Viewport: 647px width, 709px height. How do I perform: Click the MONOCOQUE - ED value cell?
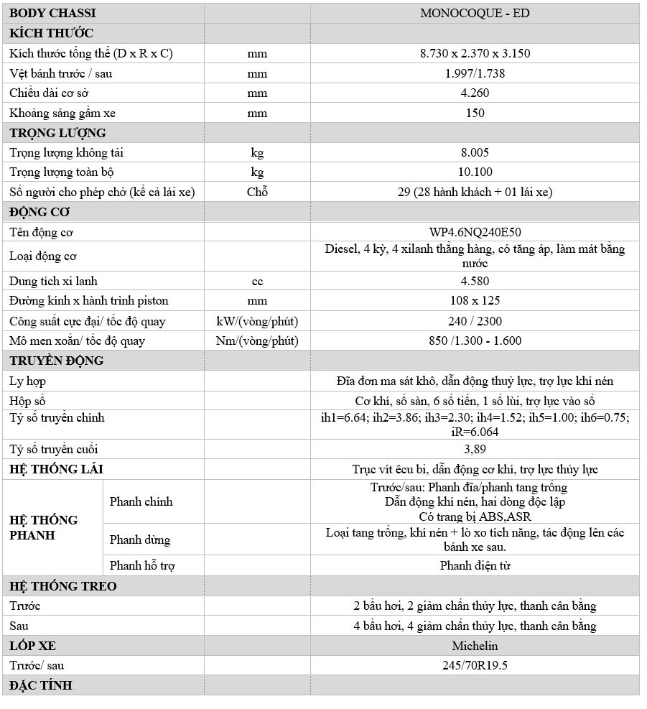pos(475,13)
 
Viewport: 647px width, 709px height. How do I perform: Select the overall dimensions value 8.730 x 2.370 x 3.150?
pos(475,53)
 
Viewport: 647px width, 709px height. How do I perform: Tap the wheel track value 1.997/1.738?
pos(475,73)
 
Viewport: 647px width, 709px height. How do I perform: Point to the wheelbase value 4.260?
pos(475,93)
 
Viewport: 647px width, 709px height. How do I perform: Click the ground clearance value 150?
pos(475,113)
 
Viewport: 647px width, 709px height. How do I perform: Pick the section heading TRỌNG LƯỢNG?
pos(57,133)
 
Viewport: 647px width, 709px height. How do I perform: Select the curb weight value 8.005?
pos(475,152)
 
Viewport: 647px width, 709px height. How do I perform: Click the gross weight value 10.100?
pos(475,172)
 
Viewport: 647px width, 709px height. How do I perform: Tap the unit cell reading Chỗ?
pos(256,192)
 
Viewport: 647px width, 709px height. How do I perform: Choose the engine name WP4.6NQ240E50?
pos(475,232)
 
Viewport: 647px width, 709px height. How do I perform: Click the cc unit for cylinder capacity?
pos(256,281)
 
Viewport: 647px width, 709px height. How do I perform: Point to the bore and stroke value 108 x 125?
pos(475,300)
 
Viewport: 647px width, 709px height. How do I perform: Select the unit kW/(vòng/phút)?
pos(256,321)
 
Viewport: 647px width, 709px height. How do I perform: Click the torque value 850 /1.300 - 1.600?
pos(475,340)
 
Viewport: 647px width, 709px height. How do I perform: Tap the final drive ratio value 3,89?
pos(475,450)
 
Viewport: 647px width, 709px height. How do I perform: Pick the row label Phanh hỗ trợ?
pos(142,566)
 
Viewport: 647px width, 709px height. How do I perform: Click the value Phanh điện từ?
pos(475,566)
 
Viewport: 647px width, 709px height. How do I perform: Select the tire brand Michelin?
pos(475,646)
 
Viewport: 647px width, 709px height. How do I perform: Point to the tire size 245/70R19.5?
pos(475,665)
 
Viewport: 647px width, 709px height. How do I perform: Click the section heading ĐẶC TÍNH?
pos(41,685)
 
